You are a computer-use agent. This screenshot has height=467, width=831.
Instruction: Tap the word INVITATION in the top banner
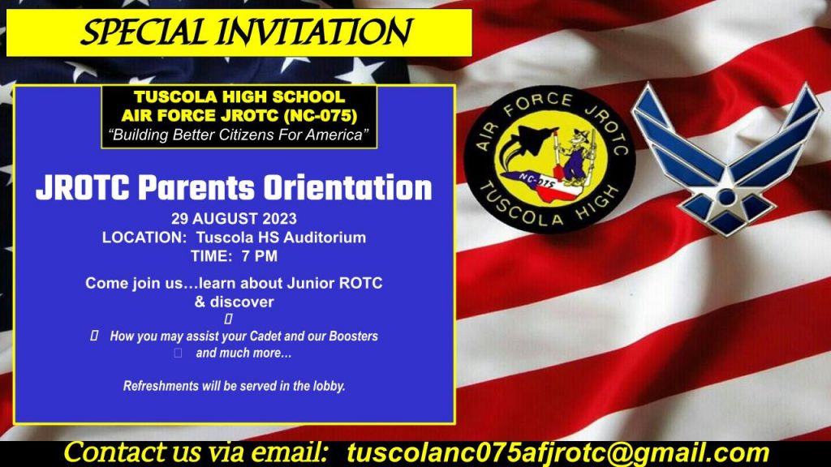point(314,32)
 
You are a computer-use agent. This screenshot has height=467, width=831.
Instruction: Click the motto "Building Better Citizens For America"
point(239,135)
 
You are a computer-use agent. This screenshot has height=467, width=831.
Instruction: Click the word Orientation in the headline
point(347,188)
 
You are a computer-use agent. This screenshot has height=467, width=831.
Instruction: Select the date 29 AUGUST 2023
point(234,219)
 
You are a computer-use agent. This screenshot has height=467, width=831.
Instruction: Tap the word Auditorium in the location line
point(324,238)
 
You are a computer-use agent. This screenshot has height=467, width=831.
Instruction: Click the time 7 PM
point(259,256)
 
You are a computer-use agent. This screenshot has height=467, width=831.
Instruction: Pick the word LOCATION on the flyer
point(141,238)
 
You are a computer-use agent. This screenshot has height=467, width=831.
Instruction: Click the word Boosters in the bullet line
point(354,336)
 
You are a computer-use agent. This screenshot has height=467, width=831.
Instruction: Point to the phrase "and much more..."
point(243,353)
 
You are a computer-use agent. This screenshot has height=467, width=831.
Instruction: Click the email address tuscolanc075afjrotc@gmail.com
point(558,453)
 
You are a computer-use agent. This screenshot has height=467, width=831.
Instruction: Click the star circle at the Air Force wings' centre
point(727,198)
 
